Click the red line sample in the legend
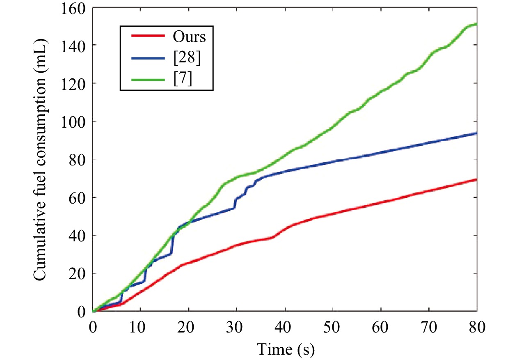tap(148, 36)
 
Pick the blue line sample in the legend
tap(148, 58)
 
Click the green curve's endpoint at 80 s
tap(476, 24)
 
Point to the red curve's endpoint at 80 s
tap(476, 179)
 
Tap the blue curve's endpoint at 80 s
tap(476, 133)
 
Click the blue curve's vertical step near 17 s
tap(172, 244)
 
